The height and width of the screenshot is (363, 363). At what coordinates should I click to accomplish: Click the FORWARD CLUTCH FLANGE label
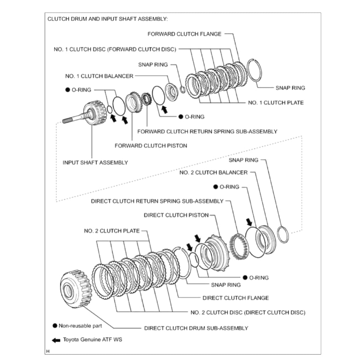184,34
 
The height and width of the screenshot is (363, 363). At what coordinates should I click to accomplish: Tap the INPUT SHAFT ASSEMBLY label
95,162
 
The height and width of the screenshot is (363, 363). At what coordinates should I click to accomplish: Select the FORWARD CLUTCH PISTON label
151,145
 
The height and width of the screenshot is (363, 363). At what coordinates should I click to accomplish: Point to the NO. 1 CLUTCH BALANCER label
99,76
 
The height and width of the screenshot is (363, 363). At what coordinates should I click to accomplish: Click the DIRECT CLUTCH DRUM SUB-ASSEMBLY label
196,328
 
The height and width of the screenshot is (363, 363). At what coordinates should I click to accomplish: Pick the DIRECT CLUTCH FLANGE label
235,298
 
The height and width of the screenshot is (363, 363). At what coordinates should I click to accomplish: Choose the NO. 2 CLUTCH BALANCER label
213,172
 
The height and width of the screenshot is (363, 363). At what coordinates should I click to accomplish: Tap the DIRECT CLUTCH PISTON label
176,215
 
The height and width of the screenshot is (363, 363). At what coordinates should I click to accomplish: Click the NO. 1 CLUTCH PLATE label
275,102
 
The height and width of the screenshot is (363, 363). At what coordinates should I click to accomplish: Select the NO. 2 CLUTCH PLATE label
112,231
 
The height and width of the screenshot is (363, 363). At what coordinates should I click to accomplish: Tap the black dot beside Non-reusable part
55,325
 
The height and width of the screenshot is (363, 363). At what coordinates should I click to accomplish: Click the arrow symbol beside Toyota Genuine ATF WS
56,340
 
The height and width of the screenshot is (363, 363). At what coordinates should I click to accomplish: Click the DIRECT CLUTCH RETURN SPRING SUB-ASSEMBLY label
157,201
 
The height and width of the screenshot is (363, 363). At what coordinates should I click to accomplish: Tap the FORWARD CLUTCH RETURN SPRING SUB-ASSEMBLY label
207,131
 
